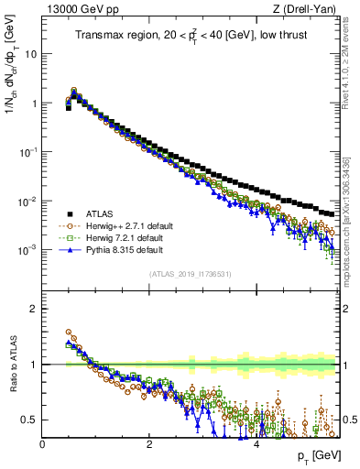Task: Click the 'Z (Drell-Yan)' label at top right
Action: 309,9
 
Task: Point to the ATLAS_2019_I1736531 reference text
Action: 191,274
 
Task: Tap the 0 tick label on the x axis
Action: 43,444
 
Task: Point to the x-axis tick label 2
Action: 149,444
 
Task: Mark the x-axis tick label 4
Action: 256,444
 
